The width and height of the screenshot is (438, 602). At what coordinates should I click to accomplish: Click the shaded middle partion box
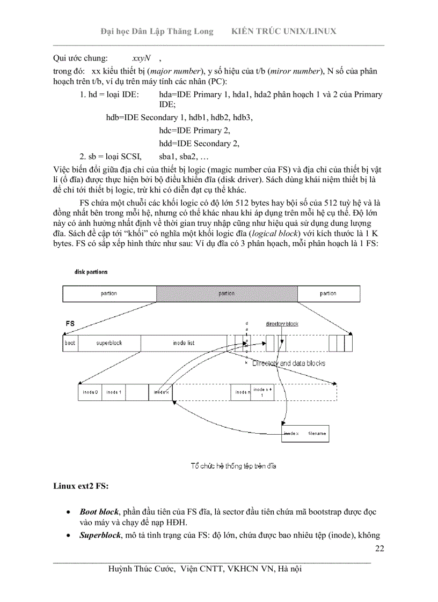point(227,293)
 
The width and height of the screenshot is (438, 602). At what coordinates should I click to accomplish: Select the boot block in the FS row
point(70,343)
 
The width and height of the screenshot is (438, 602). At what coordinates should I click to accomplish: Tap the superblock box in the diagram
point(109,343)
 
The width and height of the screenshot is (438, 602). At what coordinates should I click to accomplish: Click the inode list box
point(184,343)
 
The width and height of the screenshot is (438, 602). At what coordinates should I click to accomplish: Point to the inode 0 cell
point(90,392)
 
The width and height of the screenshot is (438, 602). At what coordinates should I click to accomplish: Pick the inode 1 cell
point(114,392)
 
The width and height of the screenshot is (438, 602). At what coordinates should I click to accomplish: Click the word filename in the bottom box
point(316,433)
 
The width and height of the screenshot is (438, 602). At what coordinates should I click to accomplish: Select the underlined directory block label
point(282,324)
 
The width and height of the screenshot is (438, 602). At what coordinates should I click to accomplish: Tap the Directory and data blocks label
point(289,363)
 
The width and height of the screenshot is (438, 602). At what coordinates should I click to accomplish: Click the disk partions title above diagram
point(91,272)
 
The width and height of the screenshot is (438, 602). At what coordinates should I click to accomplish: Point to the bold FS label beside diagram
point(70,324)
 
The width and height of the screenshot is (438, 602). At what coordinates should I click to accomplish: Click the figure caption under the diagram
point(233,465)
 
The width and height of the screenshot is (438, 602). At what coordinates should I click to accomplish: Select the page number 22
point(379,548)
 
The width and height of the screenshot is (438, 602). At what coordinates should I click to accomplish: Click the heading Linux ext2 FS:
point(81,487)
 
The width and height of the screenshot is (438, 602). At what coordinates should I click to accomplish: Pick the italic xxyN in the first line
point(141,57)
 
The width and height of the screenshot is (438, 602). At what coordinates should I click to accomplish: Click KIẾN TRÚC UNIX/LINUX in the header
point(283,31)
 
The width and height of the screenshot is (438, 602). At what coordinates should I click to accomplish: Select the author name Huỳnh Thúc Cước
point(142,568)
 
